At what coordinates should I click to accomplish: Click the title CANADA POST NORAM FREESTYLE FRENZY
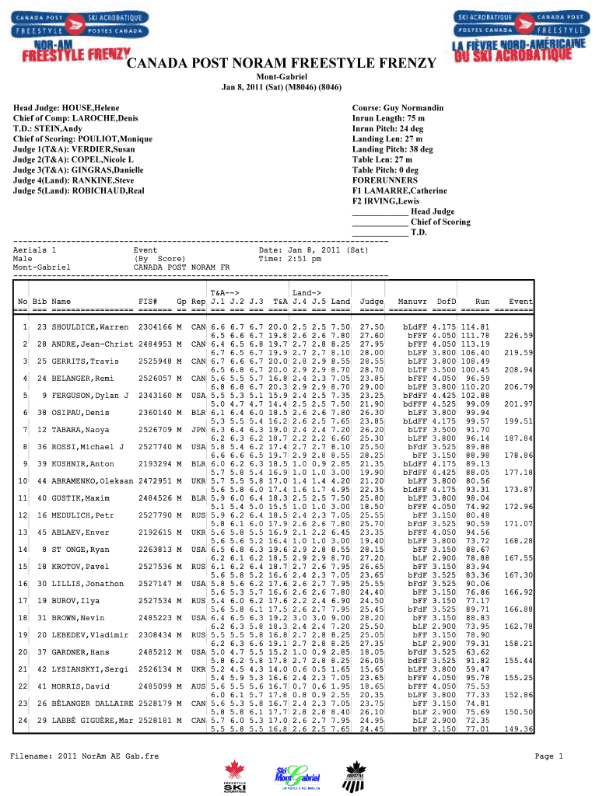pyautogui.click(x=282, y=65)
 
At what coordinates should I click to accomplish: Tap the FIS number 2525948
pyautogui.click(x=154, y=361)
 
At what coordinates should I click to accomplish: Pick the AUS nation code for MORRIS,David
pyautogui.click(x=198, y=686)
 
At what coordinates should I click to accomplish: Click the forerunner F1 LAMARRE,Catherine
pyautogui.click(x=400, y=190)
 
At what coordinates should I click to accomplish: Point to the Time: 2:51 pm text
pyautogui.click(x=289, y=259)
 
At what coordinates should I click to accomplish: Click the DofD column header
pyautogui.click(x=447, y=301)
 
